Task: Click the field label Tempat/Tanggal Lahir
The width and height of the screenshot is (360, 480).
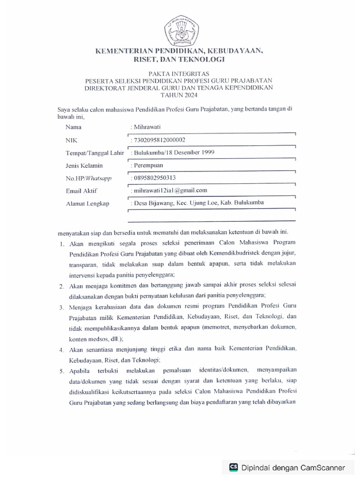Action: (95, 153)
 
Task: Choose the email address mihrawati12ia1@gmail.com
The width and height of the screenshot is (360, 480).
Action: (170, 190)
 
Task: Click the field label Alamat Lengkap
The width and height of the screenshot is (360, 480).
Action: (88, 203)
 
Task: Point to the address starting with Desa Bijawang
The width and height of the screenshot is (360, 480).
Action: (198, 202)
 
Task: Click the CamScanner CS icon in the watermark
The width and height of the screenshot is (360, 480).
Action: (233, 467)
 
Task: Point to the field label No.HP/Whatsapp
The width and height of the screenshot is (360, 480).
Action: (89, 178)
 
